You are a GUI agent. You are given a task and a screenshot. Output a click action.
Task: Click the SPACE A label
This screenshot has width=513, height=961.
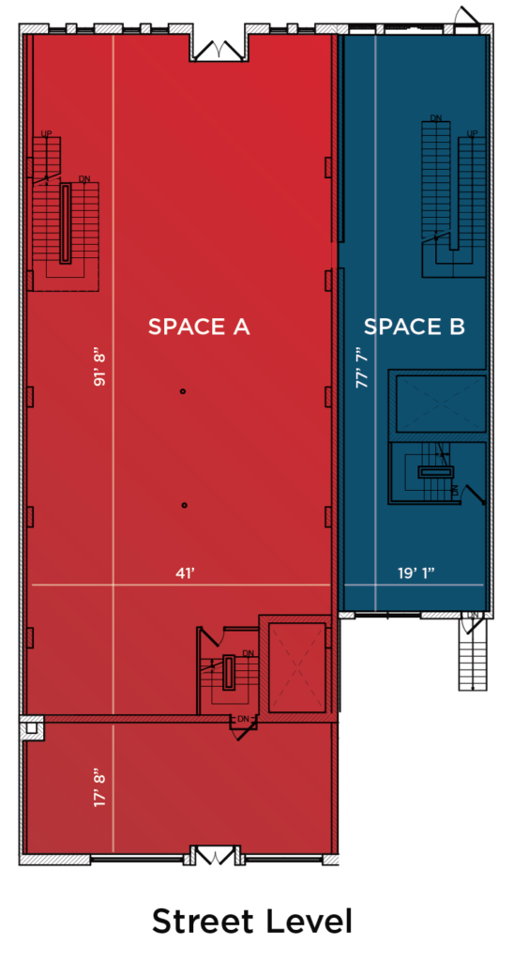(199, 327)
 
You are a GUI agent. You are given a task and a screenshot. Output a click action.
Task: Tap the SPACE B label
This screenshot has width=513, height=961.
(415, 327)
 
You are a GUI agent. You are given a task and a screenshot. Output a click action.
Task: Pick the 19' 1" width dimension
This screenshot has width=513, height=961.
(415, 573)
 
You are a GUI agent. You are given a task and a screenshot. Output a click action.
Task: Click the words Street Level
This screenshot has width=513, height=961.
(251, 922)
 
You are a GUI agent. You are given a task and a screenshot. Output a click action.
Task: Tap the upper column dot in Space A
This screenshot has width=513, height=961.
(183, 391)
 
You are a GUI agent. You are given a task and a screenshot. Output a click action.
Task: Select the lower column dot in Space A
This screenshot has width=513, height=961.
(184, 505)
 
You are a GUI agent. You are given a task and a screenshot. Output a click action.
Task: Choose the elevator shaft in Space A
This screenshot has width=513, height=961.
(297, 667)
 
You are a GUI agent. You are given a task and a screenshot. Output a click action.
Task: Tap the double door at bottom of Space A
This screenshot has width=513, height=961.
(214, 856)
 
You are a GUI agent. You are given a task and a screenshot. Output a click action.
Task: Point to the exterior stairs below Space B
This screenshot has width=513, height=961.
(474, 654)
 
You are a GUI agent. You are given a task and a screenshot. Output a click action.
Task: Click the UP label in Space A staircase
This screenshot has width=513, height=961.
(46, 133)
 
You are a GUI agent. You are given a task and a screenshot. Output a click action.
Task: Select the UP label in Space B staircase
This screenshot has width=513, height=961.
(472, 133)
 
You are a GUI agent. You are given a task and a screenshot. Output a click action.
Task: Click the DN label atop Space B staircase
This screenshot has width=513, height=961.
(436, 117)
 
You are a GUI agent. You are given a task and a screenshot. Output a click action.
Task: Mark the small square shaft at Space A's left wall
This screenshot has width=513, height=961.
(32, 728)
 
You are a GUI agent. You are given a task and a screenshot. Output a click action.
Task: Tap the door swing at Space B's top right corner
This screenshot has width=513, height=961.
(468, 16)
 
